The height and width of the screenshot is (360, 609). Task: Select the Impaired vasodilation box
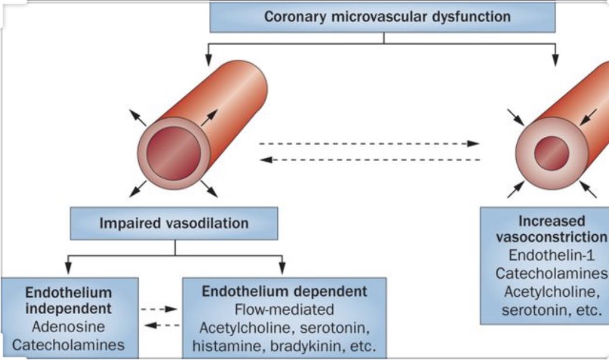point(174,223)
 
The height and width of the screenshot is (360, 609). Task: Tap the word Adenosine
point(68,327)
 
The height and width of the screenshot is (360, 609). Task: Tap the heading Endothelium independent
point(68,300)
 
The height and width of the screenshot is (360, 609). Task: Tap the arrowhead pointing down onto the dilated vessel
point(208,59)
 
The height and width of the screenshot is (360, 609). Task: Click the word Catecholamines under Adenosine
point(68,345)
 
